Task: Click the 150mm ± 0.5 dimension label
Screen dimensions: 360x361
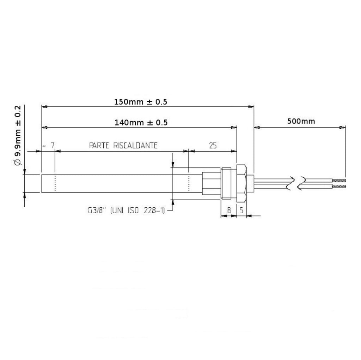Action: click(x=140, y=102)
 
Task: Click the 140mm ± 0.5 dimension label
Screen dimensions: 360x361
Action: click(x=141, y=123)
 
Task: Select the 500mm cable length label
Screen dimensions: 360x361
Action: click(x=301, y=121)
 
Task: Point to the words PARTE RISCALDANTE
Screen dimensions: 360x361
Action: click(x=123, y=145)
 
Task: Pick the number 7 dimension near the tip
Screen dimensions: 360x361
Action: click(x=53, y=145)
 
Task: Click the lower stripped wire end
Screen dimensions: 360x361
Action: click(x=338, y=186)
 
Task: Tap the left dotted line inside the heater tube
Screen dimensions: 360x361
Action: click(x=55, y=183)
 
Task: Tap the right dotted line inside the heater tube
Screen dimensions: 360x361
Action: click(x=189, y=183)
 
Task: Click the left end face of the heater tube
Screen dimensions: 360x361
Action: click(x=42, y=183)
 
